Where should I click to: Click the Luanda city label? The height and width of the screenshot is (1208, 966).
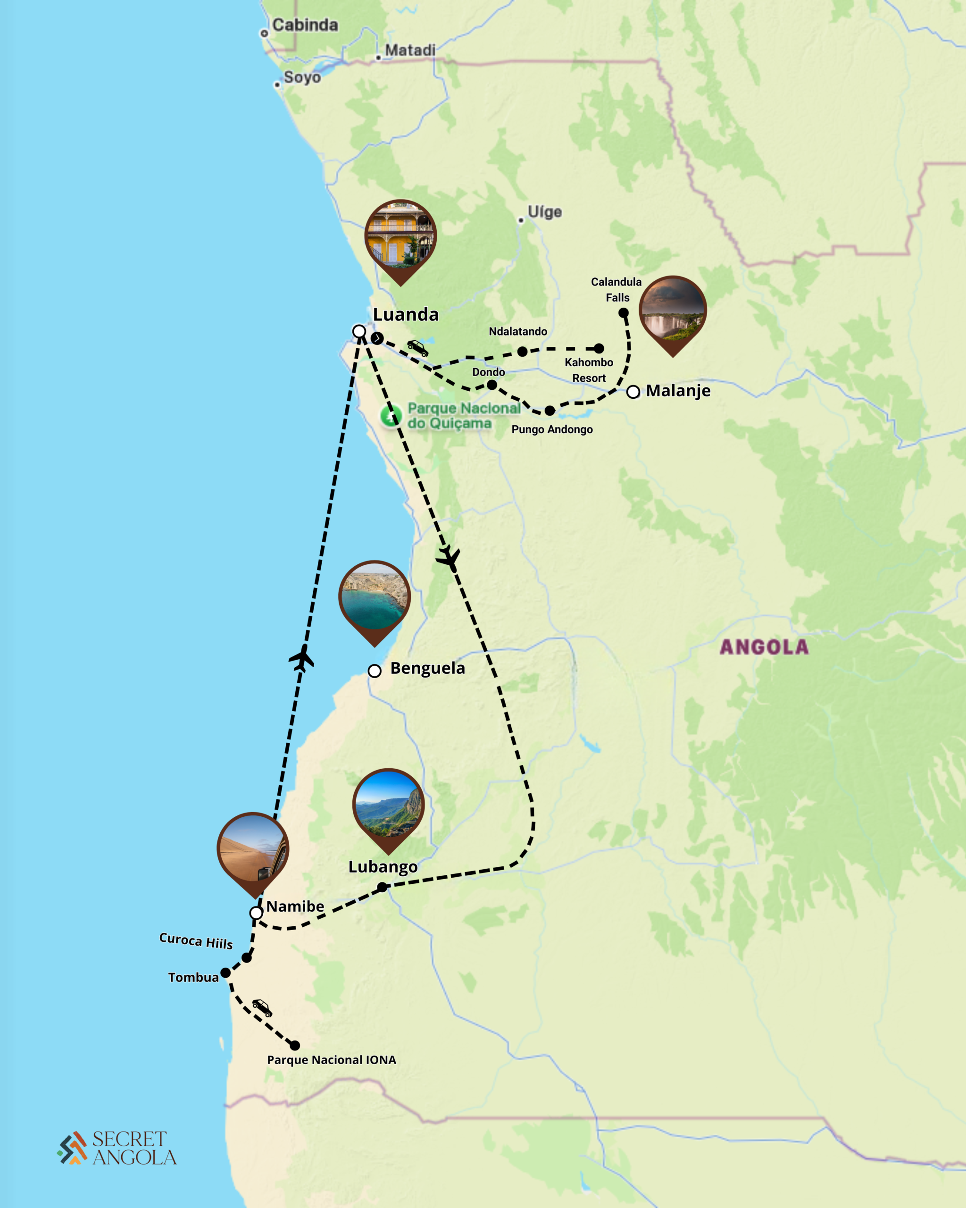[406, 314]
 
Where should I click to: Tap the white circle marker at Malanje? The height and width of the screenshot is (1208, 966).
[633, 392]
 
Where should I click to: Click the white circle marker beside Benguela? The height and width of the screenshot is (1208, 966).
[375, 671]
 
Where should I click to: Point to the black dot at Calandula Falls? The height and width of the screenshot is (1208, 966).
[623, 313]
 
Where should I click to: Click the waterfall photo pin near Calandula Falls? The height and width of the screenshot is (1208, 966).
[672, 311]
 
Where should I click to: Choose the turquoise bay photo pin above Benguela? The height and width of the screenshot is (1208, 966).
[375, 597]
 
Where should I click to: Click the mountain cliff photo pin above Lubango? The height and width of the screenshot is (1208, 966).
[388, 805]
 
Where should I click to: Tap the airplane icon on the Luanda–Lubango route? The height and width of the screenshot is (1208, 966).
[449, 557]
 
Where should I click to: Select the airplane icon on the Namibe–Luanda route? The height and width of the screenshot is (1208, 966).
[302, 658]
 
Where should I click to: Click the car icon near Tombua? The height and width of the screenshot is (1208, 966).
[261, 1007]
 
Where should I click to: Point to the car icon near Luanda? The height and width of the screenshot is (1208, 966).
[417, 348]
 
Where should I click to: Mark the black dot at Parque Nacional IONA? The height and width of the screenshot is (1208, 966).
[294, 1046]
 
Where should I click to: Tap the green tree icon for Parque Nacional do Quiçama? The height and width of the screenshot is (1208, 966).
[391, 416]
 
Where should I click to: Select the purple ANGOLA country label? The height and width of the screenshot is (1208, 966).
[764, 647]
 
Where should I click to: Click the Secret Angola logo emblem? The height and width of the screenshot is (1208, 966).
[72, 1148]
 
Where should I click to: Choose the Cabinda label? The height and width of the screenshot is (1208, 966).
[305, 25]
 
